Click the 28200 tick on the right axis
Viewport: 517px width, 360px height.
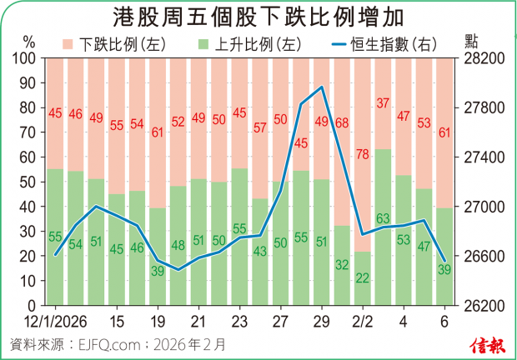[482, 59]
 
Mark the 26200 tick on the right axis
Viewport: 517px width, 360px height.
[482, 305]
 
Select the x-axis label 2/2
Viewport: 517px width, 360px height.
[362, 322]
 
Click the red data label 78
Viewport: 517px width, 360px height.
[362, 155]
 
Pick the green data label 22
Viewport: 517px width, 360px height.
[362, 277]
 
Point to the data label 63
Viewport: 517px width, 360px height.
[383, 219]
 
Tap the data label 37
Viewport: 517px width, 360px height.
[383, 104]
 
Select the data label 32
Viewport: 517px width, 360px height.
[342, 265]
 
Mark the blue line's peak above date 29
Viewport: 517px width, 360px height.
[321, 87]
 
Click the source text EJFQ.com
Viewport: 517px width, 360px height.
[105, 342]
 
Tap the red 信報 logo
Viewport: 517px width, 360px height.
[488, 344]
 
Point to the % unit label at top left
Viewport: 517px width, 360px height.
[29, 42]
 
